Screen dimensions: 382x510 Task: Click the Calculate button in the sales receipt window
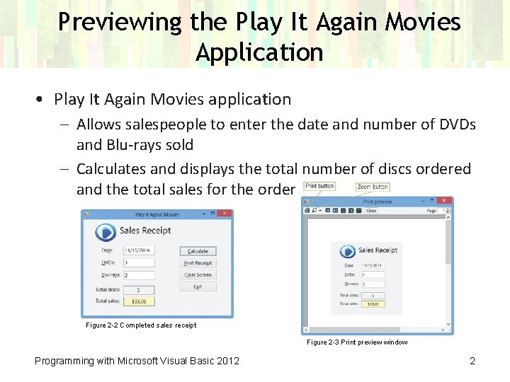coord(197,251)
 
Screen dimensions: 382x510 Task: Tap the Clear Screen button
coord(197,274)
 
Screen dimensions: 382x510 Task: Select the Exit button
coord(197,286)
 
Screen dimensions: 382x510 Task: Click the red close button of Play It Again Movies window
coord(225,214)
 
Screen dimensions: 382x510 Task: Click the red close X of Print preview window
coord(446,202)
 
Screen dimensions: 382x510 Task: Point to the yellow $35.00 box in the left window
coord(139,301)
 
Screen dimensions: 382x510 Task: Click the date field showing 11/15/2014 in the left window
coord(139,250)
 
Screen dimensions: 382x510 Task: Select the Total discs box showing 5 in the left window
coord(139,290)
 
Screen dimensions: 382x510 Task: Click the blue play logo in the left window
coord(106,232)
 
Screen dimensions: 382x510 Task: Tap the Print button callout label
coord(319,186)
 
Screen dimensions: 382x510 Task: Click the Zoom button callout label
coord(373,187)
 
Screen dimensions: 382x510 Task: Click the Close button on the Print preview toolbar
coord(371,211)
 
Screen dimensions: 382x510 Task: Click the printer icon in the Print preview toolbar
coord(307,211)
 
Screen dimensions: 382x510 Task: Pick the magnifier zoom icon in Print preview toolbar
coord(314,211)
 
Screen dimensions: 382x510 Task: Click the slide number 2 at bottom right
coord(472,361)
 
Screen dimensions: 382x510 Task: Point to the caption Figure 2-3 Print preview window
coord(357,342)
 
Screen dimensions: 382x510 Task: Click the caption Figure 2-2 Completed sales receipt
coord(140,325)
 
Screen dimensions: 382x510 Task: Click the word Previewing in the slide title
coord(120,23)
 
